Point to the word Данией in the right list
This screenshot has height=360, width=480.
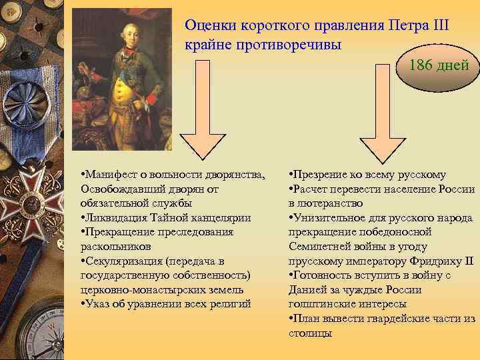tap(307, 290)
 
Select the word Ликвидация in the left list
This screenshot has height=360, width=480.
tap(111, 218)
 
